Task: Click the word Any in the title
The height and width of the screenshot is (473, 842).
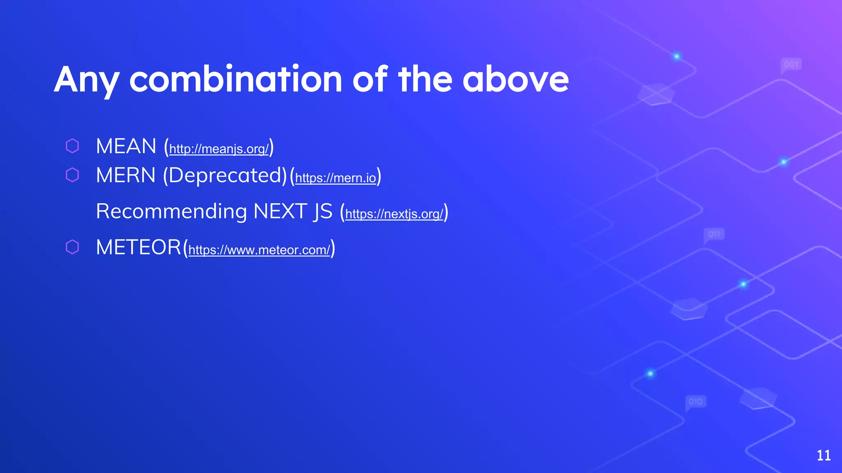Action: click(86, 80)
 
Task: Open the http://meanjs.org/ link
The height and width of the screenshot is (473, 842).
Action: click(219, 149)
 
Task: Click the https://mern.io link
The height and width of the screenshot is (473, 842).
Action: click(335, 178)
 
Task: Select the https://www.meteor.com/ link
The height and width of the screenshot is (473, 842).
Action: click(259, 250)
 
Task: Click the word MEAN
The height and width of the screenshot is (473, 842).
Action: click(126, 147)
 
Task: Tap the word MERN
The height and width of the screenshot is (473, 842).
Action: click(125, 176)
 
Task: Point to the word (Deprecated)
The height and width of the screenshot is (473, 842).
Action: click(225, 176)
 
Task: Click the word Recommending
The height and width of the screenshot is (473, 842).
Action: click(171, 212)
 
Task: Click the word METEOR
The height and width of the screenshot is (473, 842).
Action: click(138, 248)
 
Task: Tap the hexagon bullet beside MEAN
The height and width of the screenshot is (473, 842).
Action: click(72, 146)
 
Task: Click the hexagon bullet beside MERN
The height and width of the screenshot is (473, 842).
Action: click(72, 175)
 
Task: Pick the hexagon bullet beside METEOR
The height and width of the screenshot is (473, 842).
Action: click(72, 247)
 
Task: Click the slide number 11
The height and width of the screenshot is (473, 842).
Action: click(823, 455)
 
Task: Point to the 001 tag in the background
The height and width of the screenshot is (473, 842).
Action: click(791, 64)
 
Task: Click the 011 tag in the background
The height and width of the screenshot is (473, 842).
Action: click(714, 234)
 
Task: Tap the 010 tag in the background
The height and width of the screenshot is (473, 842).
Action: click(696, 402)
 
